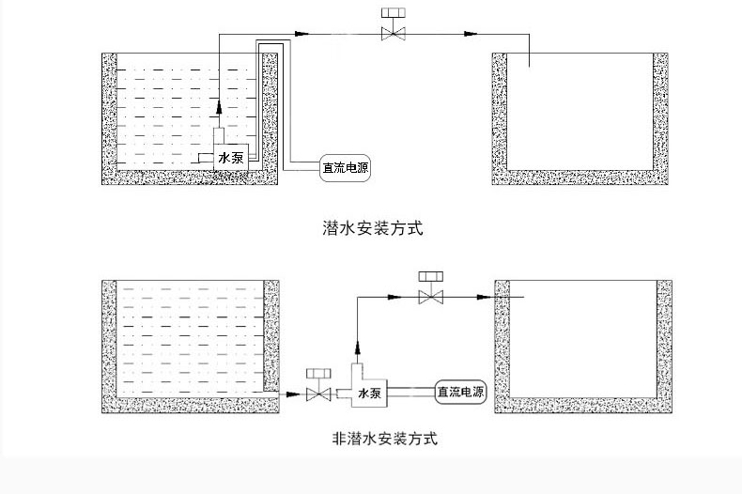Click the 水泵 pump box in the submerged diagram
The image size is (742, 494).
click(x=231, y=157)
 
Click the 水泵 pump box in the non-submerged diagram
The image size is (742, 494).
click(x=369, y=393)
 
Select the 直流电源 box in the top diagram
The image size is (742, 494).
click(x=346, y=167)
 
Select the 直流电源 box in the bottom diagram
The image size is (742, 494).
click(x=461, y=392)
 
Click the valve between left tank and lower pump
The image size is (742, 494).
click(x=318, y=385)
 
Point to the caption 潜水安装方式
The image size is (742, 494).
click(x=372, y=228)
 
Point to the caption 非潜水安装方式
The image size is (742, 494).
click(x=385, y=439)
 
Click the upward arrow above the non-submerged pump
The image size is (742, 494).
click(x=358, y=347)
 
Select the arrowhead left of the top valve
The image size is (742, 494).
click(x=301, y=34)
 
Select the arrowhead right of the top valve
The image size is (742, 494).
click(x=471, y=34)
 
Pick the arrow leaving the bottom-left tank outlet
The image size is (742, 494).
click(x=293, y=394)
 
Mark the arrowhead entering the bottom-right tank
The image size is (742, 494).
click(x=484, y=297)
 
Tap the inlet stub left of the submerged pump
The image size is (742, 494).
click(x=203, y=158)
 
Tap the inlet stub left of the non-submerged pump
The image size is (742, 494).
click(x=344, y=394)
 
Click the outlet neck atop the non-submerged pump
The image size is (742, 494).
click(x=358, y=372)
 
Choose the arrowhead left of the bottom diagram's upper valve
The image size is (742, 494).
click(x=394, y=297)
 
